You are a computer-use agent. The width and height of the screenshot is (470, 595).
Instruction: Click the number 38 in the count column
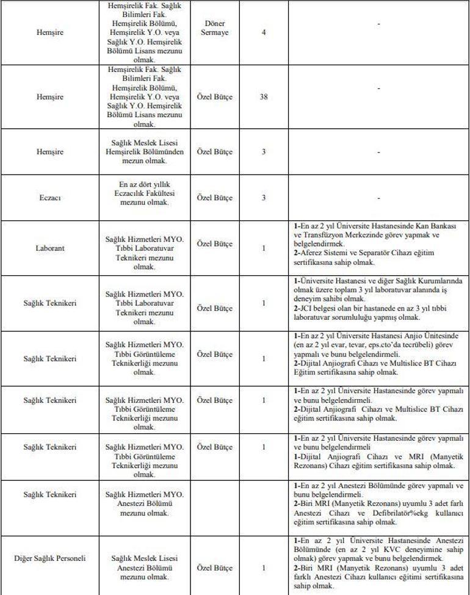pos(264,96)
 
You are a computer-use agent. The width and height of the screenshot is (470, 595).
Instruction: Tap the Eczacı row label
pos(50,198)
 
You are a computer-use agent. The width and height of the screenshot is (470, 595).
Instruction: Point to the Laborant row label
pos(50,248)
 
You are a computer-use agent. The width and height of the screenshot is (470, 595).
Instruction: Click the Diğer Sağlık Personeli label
pos(50,558)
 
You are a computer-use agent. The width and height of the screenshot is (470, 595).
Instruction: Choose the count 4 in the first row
pos(264,32)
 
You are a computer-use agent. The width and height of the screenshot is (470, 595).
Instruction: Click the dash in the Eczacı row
pos(378,198)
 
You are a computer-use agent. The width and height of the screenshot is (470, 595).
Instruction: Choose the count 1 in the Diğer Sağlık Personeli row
pos(264,568)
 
